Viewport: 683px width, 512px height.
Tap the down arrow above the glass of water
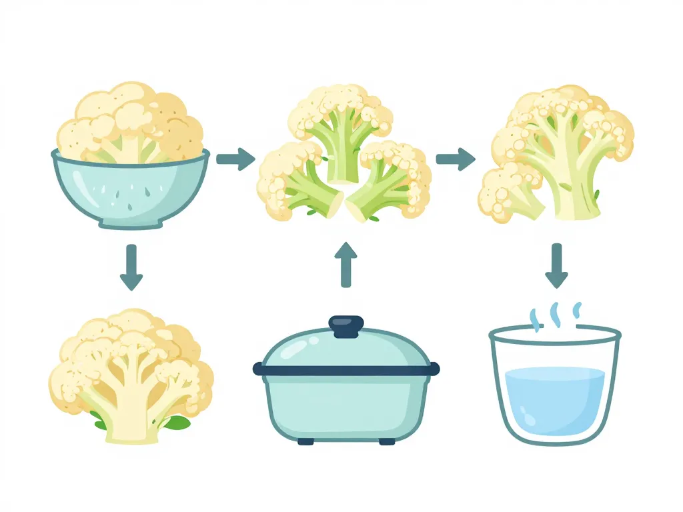(556, 265)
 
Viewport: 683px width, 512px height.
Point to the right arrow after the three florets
(456, 159)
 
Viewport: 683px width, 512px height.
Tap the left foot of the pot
(305, 441)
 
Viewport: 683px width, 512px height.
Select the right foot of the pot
(386, 441)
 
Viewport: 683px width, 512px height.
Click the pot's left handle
(258, 368)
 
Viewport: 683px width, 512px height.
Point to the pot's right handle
(435, 368)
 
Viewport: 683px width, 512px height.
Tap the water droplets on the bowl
(130, 193)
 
